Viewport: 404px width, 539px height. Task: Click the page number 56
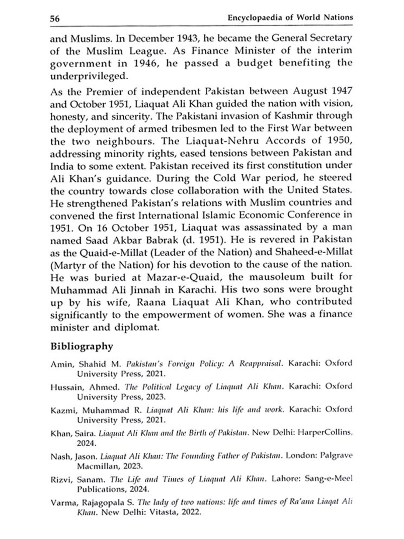[x=55, y=19]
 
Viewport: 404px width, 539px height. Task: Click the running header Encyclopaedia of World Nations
[x=290, y=18]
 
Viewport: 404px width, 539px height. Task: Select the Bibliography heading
[x=81, y=346]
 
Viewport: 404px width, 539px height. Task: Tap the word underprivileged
[x=88, y=76]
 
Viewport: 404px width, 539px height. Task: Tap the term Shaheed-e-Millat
[x=314, y=252]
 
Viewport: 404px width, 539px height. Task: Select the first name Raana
[x=151, y=302]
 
